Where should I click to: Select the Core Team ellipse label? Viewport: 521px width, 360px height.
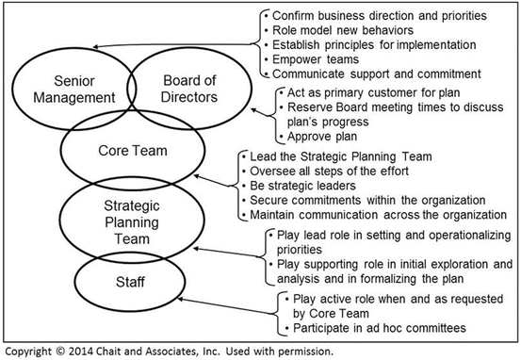[125, 150]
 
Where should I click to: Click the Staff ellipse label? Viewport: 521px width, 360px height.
[124, 281]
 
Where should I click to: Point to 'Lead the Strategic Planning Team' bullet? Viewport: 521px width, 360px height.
[337, 156]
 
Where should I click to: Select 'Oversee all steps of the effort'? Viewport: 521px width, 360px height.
[330, 171]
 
